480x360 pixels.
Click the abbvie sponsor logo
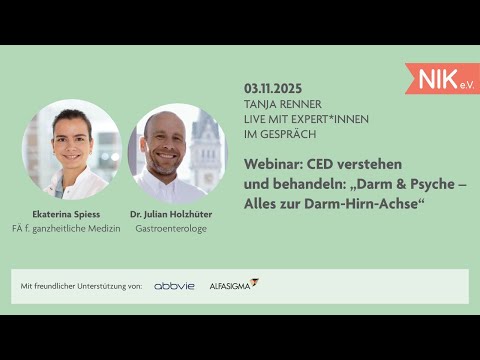coord(174,286)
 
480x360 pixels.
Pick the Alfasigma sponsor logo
coord(233,285)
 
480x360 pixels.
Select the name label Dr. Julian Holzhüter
coord(177,214)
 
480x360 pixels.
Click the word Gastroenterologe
coord(177,228)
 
